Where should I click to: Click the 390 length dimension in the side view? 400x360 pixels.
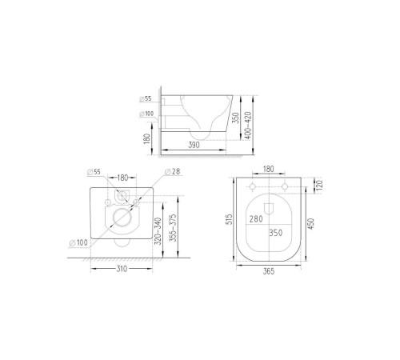[x=194, y=145]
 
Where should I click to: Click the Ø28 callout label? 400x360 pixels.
[x=173, y=172]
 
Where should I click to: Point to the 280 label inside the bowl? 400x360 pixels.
[x=258, y=218]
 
